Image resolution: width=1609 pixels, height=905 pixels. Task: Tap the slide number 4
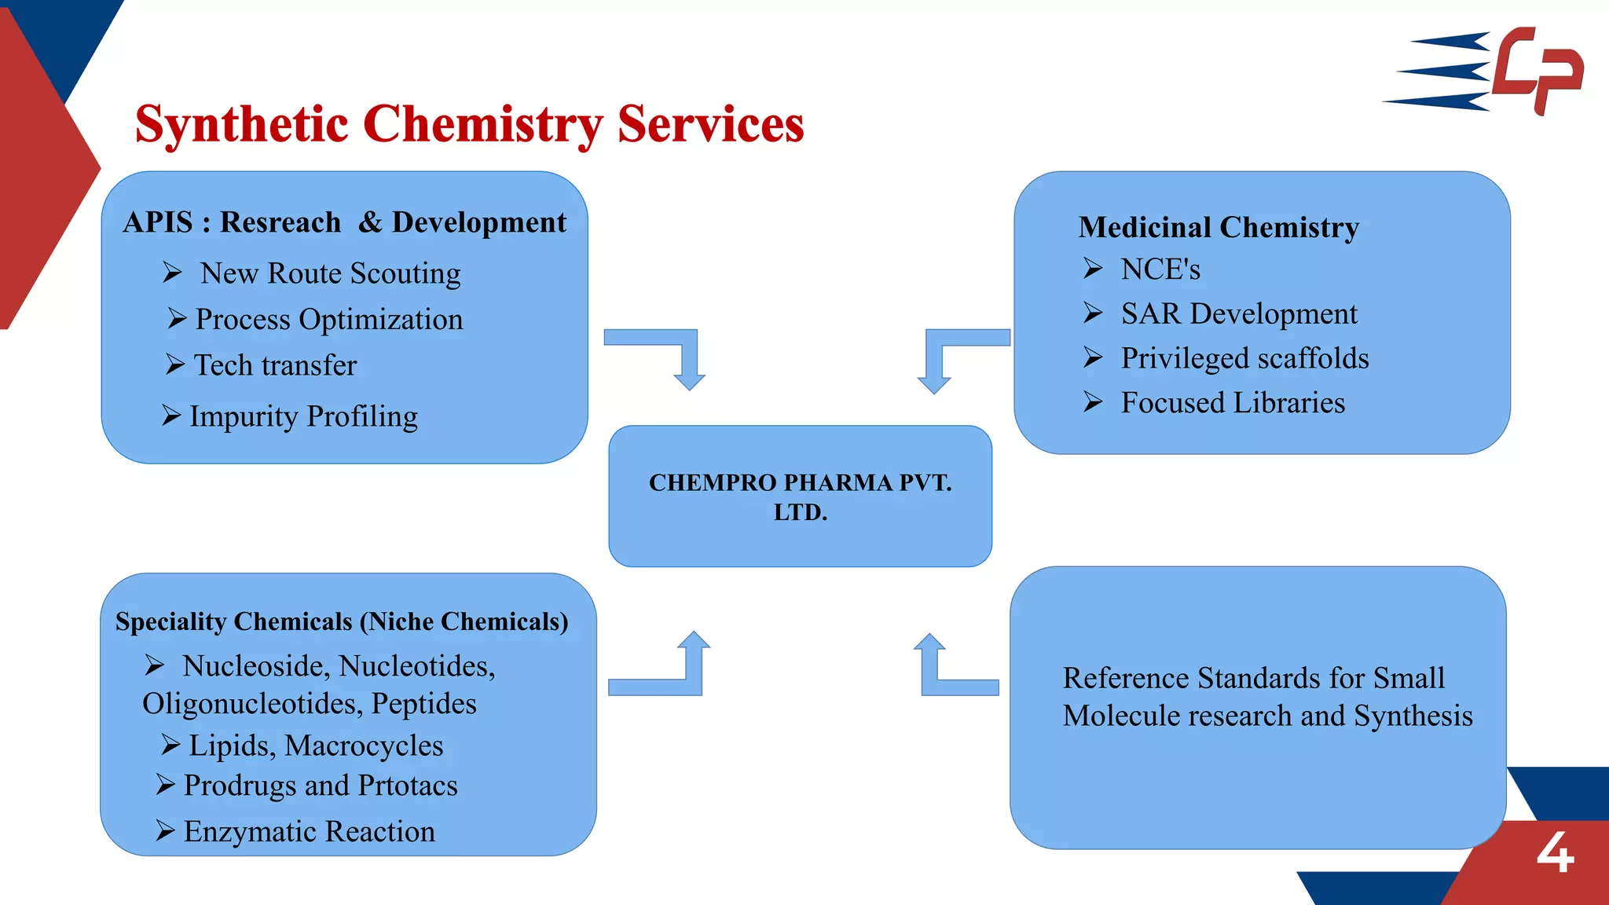[x=1555, y=853]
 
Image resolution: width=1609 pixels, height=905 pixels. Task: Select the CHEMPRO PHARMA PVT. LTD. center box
[x=800, y=496]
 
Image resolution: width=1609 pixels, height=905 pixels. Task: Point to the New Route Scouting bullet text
[x=330, y=273]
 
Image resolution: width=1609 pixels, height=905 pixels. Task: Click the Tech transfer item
[x=275, y=365]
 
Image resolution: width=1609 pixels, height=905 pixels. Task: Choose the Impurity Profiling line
[x=303, y=416]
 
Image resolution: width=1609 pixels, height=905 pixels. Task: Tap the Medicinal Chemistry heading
[x=1219, y=227]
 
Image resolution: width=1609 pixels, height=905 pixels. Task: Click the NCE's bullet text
[x=1160, y=269]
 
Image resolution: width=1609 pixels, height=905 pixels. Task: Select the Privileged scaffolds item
[x=1244, y=358]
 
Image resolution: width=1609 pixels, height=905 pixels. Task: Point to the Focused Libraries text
[x=1233, y=403]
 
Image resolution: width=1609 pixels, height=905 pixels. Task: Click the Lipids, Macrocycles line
[x=316, y=746]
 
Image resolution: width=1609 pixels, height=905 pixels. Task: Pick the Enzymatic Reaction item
[x=309, y=831]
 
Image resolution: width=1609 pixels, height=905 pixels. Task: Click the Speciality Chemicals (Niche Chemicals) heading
[x=342, y=621]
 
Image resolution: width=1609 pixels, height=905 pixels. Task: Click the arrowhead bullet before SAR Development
[x=1093, y=313]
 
